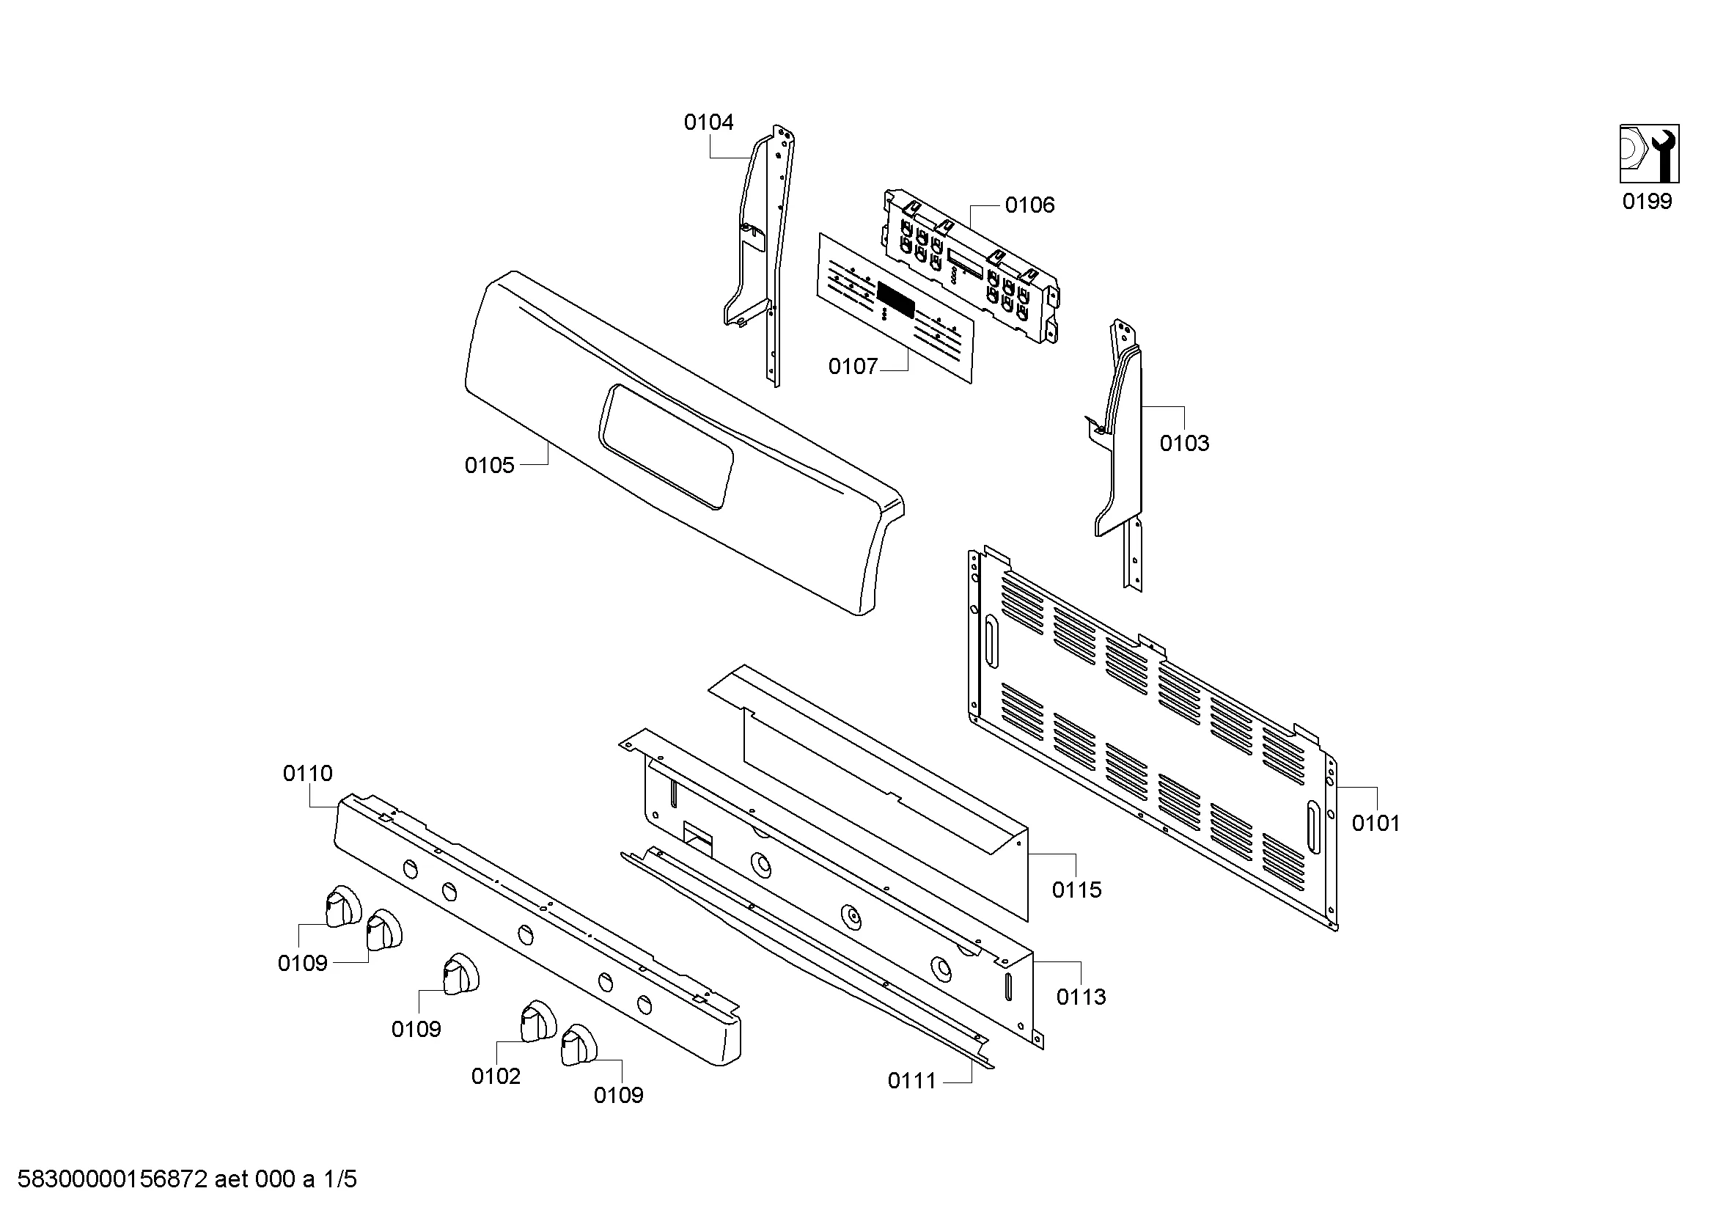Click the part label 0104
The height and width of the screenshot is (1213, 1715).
click(708, 122)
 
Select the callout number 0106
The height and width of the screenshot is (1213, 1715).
click(1029, 205)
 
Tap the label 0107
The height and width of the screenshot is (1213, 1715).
click(852, 367)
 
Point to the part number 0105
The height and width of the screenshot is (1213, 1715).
click(489, 466)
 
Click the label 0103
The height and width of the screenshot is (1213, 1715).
click(1184, 444)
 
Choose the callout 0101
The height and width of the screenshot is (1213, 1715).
click(1376, 824)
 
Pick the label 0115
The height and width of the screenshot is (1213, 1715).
click(1076, 890)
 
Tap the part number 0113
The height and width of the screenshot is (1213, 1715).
click(1081, 997)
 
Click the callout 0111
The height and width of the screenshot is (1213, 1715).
click(912, 1081)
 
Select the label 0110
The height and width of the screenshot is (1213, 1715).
click(308, 774)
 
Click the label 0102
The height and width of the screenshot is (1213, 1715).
click(495, 1077)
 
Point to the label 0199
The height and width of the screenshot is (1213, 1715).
click(1647, 202)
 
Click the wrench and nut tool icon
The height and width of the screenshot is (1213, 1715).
click(1649, 153)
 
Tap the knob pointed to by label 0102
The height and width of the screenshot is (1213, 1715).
click(537, 1020)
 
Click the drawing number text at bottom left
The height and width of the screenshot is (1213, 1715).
click(187, 1179)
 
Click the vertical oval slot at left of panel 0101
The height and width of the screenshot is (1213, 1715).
click(990, 642)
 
